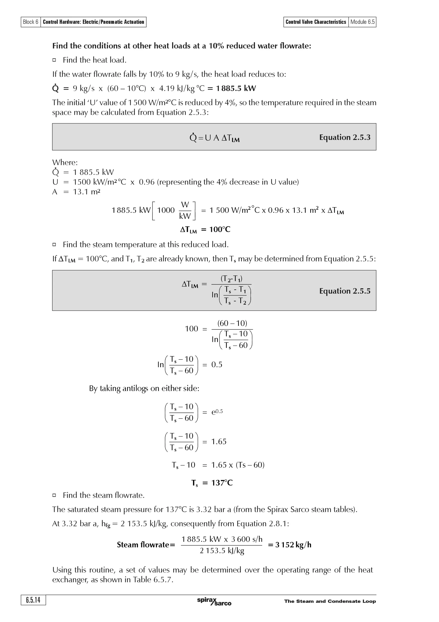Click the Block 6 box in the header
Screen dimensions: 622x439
[31, 22]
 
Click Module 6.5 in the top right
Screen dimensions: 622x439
[362, 22]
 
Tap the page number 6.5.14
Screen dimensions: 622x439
[33, 600]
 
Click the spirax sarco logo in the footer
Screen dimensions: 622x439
[214, 601]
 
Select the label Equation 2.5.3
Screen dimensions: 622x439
[345, 137]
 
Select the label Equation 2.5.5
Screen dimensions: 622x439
[345, 291]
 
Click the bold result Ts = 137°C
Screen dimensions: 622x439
[212, 483]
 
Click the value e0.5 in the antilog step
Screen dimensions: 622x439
[217, 412]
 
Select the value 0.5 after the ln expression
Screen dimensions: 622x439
[217, 365]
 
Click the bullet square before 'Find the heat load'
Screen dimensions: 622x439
[54, 60]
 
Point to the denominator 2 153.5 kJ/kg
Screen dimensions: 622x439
[222, 551]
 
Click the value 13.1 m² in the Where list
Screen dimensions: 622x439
[87, 192]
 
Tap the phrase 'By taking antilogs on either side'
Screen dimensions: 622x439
[144, 388]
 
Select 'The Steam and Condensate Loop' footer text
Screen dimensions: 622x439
[330, 601]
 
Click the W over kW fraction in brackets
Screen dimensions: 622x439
[185, 210]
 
